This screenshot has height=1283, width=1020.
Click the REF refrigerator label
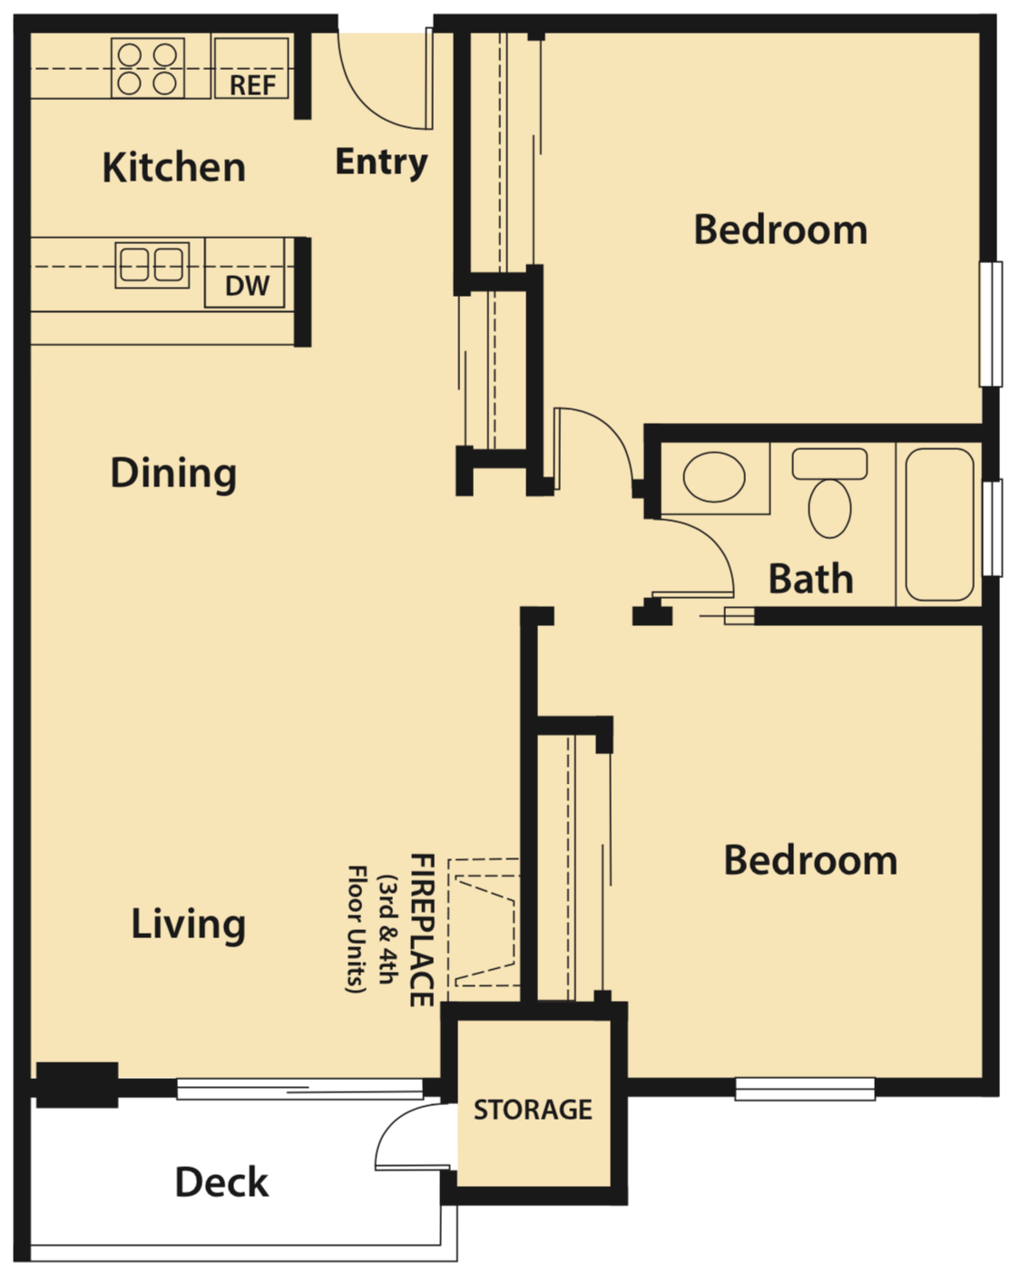251,84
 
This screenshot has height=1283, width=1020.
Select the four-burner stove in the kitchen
148,68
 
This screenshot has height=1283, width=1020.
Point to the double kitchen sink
152,265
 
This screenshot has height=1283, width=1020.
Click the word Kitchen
173,168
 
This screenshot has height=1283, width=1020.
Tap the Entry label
381,162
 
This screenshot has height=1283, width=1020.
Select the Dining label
173,473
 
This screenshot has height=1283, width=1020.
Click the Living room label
188,924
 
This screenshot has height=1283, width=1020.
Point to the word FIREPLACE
421,929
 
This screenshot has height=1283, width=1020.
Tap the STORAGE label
533,1109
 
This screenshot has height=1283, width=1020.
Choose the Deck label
221,1182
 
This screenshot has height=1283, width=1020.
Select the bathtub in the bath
939,524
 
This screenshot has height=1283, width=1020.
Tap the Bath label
810,579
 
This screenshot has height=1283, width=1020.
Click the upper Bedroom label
780,230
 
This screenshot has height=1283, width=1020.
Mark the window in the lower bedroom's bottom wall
804,1088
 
